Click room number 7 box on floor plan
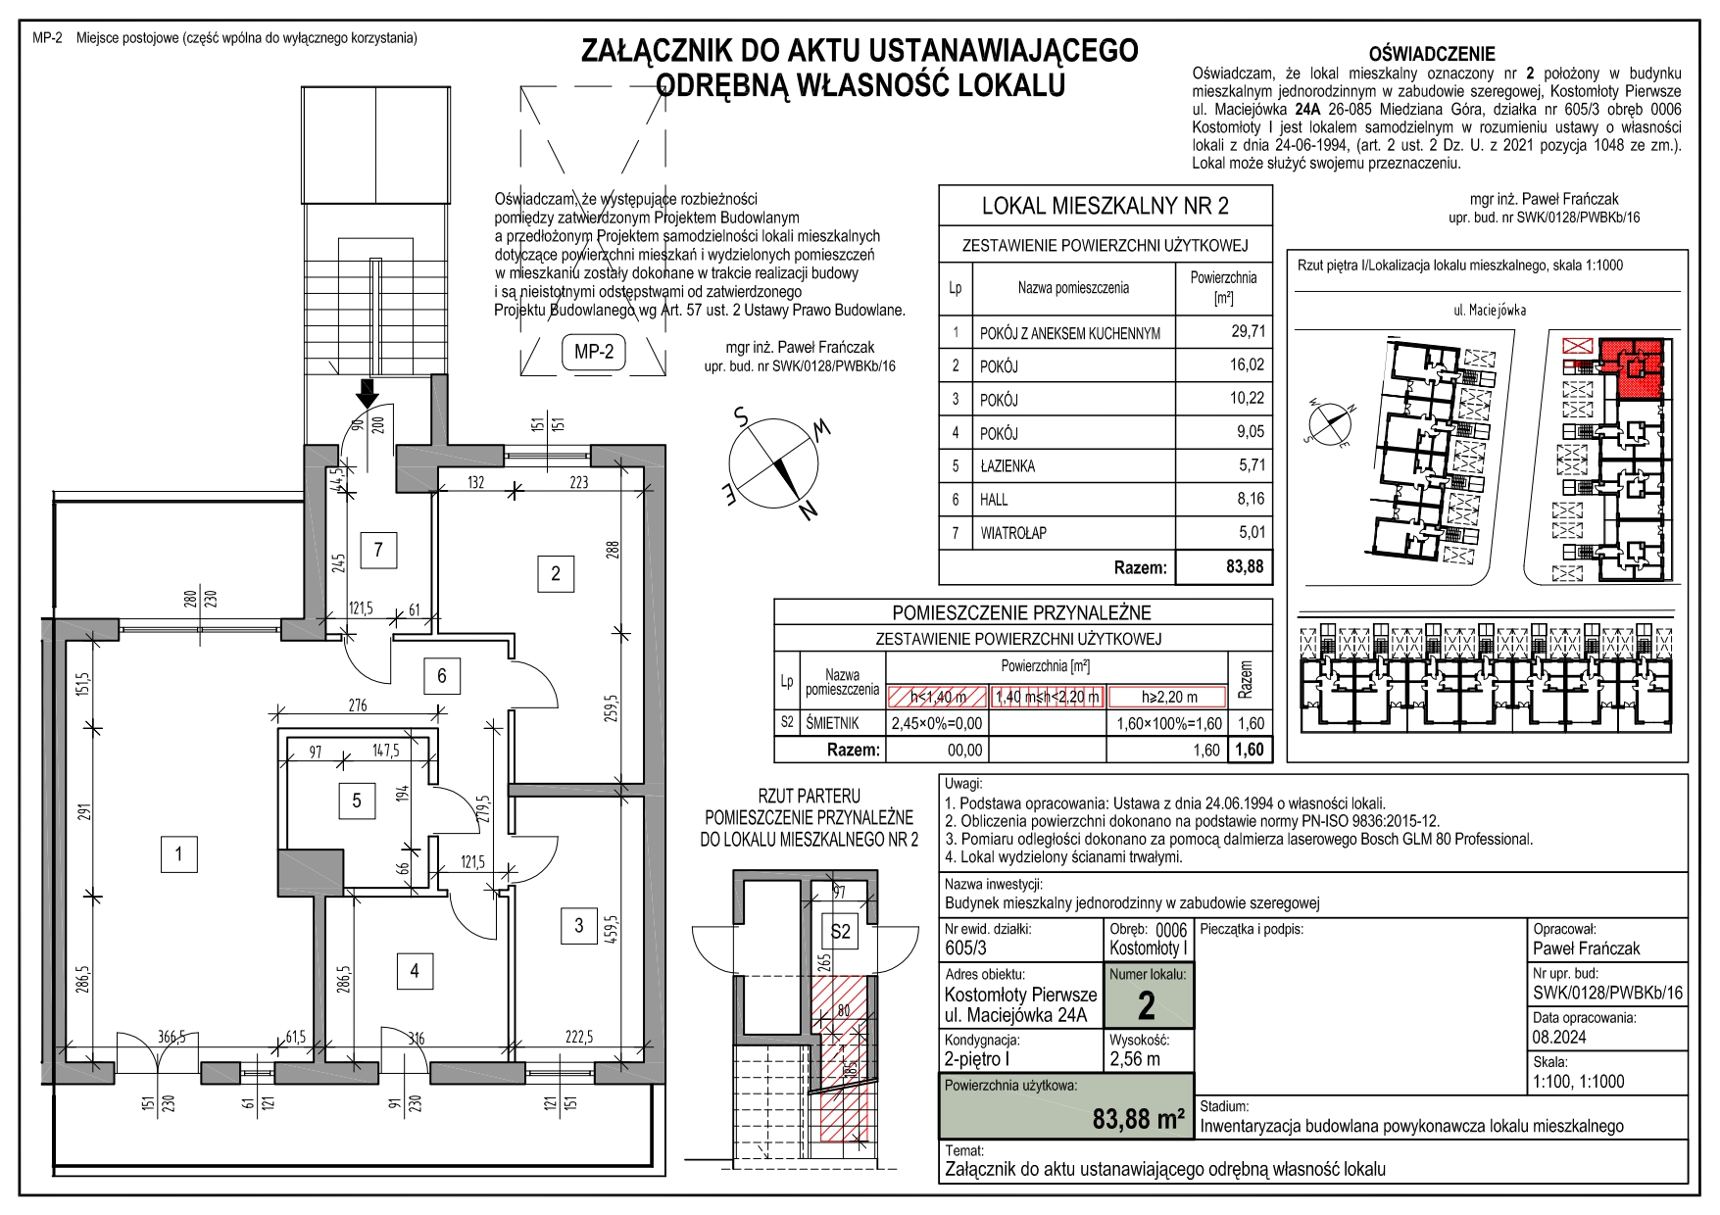pyautogui.click(x=378, y=550)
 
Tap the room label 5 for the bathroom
pyautogui.click(x=357, y=801)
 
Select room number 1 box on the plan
pyautogui.click(x=178, y=854)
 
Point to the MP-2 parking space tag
pyautogui.click(x=594, y=351)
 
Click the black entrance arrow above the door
pyautogui.click(x=367, y=394)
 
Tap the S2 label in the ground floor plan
pyautogui.click(x=840, y=932)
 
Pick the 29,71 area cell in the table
pyautogui.click(x=1248, y=331)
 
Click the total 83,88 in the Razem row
pyautogui.click(x=1245, y=566)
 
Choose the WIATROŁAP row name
pyautogui.click(x=1012, y=533)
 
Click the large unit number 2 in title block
pyautogui.click(x=1146, y=1006)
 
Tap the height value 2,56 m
pyautogui.click(x=1135, y=1059)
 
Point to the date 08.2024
pyautogui.click(x=1559, y=1037)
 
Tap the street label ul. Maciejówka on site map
pyautogui.click(x=1490, y=310)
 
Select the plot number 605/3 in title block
pyautogui.click(x=966, y=948)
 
